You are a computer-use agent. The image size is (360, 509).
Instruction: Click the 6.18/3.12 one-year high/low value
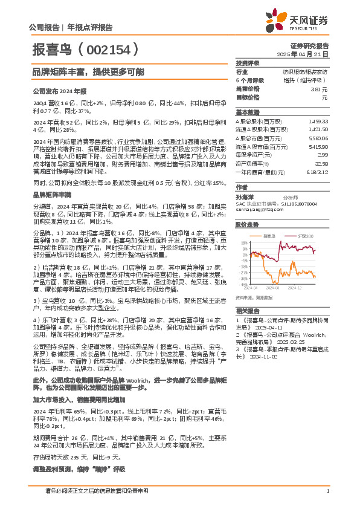coord(318,172)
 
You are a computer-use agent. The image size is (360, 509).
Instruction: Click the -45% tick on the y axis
coord(240,283)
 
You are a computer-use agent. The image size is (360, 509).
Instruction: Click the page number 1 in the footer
coord(327,491)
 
